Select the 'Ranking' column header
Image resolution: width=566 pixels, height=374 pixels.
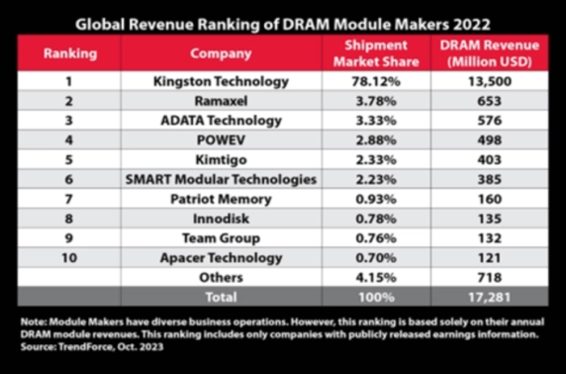pyautogui.click(x=69, y=52)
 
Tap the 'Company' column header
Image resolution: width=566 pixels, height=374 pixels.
pyautogui.click(x=220, y=52)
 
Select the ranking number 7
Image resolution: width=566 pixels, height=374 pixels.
pyautogui.click(x=69, y=199)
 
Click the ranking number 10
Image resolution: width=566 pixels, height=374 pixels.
pyautogui.click(x=69, y=257)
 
